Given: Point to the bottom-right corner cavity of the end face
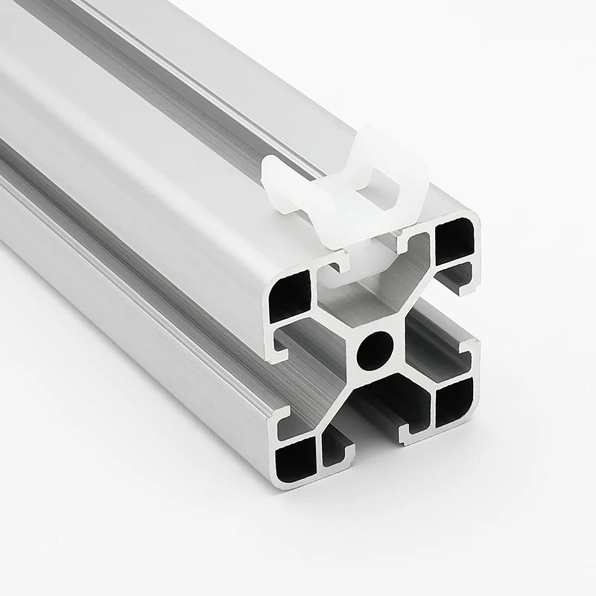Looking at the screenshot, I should coord(454,403).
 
